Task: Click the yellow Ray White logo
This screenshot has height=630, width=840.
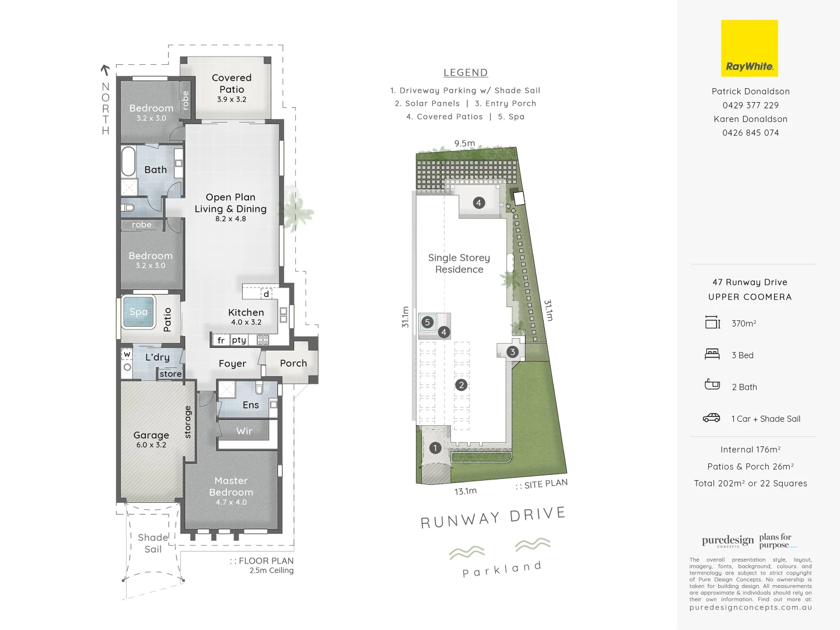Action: (x=749, y=48)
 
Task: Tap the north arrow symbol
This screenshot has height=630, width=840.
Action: (x=105, y=71)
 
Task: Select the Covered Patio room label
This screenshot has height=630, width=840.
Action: (x=232, y=84)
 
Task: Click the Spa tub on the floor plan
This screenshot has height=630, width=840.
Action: (x=139, y=312)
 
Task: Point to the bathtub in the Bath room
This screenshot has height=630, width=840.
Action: (x=128, y=161)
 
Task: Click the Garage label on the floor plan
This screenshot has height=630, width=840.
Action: (x=151, y=435)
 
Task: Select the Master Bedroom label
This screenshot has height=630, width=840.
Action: (x=231, y=487)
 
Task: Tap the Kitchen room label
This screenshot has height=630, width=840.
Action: (x=246, y=313)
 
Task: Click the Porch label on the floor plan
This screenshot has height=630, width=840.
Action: (x=293, y=363)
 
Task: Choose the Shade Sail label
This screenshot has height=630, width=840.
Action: (x=153, y=543)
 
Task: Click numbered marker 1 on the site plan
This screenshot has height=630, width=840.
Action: (x=435, y=448)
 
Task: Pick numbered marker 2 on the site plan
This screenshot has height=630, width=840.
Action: (x=461, y=385)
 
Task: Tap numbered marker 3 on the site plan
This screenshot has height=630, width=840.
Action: (x=512, y=352)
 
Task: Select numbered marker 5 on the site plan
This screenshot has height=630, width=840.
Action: (x=428, y=322)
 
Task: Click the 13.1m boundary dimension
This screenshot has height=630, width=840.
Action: (x=466, y=491)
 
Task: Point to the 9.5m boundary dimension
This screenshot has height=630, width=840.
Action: (x=464, y=143)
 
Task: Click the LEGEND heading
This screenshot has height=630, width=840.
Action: (x=466, y=73)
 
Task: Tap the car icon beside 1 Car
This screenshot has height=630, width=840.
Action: (x=712, y=418)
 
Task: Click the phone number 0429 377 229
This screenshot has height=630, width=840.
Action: (x=750, y=106)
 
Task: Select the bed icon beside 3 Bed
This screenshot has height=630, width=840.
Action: (x=712, y=354)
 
